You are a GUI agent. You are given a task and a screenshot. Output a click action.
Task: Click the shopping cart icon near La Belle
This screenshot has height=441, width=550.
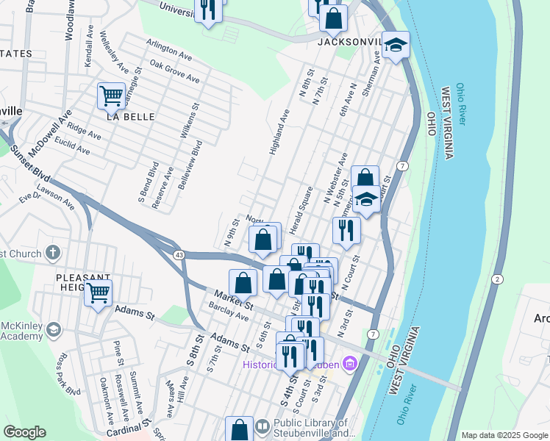111,95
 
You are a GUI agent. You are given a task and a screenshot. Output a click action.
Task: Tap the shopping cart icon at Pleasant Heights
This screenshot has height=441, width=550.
98,293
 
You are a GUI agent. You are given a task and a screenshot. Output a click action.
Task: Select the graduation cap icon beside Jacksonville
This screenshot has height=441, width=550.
396,46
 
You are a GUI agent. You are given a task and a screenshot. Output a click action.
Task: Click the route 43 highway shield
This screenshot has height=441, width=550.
179,254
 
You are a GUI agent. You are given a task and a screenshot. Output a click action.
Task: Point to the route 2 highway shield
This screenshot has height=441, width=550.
498,279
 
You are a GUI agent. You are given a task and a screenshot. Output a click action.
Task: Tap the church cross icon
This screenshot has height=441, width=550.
51,254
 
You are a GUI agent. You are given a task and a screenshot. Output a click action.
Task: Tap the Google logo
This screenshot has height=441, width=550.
24,432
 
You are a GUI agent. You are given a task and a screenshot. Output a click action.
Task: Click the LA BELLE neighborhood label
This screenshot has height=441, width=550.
130,117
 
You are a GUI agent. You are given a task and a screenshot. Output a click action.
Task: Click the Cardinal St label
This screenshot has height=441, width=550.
128,428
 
